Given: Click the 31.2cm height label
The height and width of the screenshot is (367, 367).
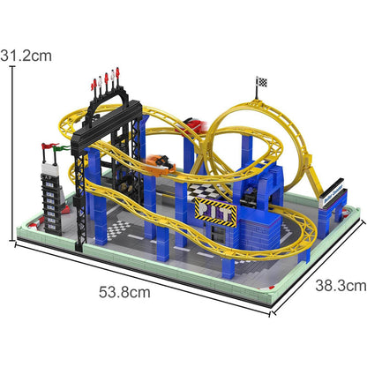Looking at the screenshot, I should (26, 56).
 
